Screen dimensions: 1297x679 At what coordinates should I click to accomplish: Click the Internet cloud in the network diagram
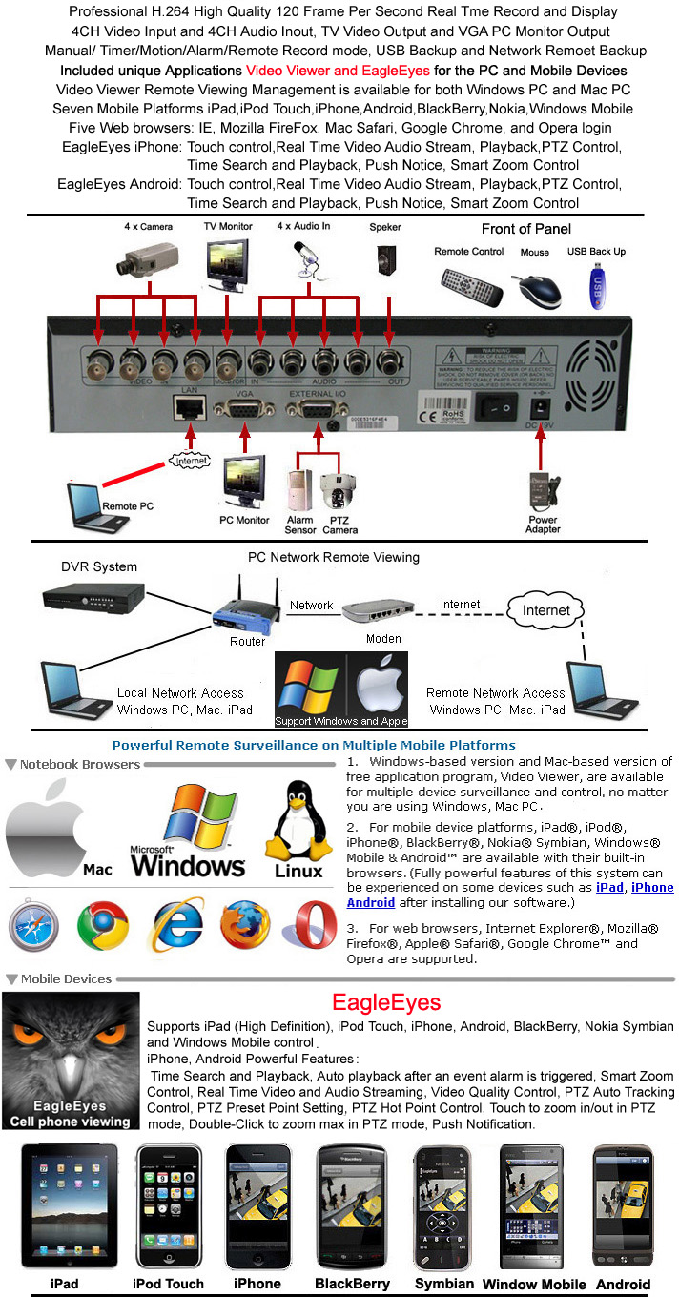coord(546,609)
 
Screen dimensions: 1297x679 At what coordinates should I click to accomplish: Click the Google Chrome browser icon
coord(104,925)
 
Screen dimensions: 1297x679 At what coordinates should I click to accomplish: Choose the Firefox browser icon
coord(245,925)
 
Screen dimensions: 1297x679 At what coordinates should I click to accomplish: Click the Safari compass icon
coord(33,925)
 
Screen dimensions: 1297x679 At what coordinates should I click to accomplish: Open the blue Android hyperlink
coord(370,902)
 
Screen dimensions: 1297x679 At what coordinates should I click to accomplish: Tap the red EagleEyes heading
coord(386,1002)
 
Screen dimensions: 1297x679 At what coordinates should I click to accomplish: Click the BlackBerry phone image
coord(351,1205)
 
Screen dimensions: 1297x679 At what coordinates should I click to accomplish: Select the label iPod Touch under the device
coord(168,1284)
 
